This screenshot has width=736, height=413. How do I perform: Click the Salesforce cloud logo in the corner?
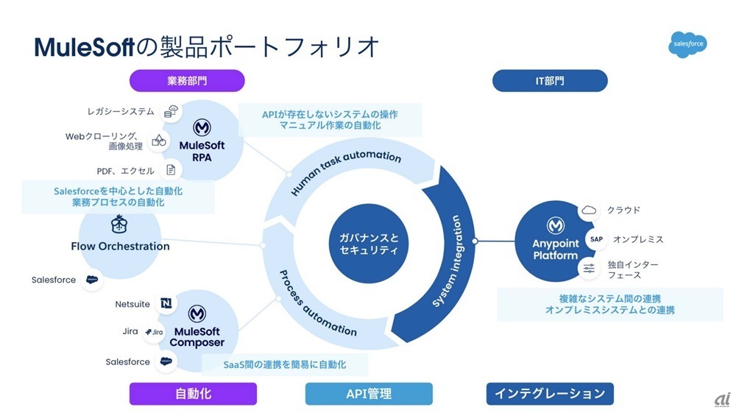point(688,44)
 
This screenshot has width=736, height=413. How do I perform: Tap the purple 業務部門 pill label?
point(187,80)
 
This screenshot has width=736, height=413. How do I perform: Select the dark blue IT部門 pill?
point(549,80)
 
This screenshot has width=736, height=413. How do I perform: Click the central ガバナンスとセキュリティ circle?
point(369,243)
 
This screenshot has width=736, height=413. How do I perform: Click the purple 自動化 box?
point(193,394)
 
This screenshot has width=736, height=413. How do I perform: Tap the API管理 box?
point(369,394)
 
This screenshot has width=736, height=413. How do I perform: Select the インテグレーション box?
point(550,394)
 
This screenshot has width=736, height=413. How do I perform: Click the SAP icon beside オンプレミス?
point(596,239)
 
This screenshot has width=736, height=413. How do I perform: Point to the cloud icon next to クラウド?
point(589,211)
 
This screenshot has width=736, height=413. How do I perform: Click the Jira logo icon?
point(154,332)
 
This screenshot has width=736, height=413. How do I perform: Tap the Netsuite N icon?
point(166,304)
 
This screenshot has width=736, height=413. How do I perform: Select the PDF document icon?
point(171,171)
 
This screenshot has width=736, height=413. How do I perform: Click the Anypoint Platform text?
point(556,250)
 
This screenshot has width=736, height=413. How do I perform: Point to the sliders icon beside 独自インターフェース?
point(589,269)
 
